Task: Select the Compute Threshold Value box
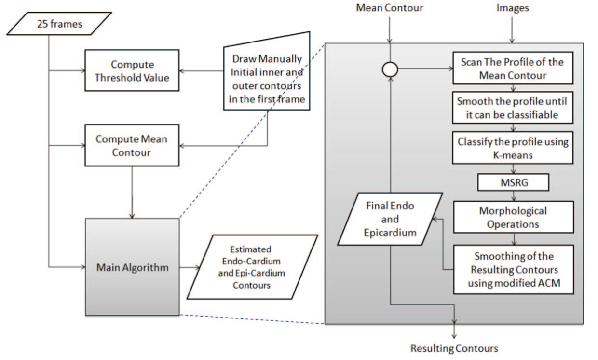132,71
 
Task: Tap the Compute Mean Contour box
132,145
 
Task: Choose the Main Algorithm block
132,267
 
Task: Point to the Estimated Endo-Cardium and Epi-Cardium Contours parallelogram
252,267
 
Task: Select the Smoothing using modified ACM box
513,269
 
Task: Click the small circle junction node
390,70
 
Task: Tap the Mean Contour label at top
389,8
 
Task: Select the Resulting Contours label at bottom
454,348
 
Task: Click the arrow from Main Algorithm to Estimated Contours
190,267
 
